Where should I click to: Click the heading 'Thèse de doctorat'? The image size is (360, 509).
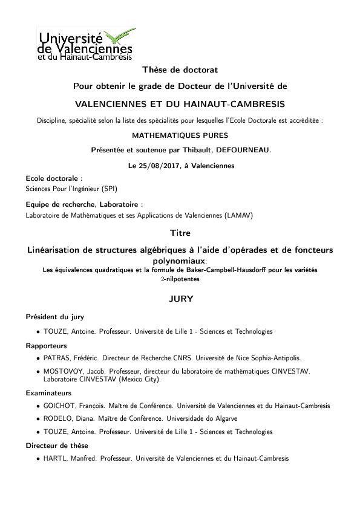[x=179, y=71]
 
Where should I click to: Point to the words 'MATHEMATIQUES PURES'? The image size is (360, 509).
[x=180, y=136]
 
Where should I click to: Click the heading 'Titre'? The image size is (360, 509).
[x=180, y=233]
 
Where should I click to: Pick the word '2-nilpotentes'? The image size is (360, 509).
[x=180, y=279]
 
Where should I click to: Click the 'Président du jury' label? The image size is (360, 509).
[x=54, y=317]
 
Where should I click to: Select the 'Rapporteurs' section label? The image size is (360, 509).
[x=44, y=346]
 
